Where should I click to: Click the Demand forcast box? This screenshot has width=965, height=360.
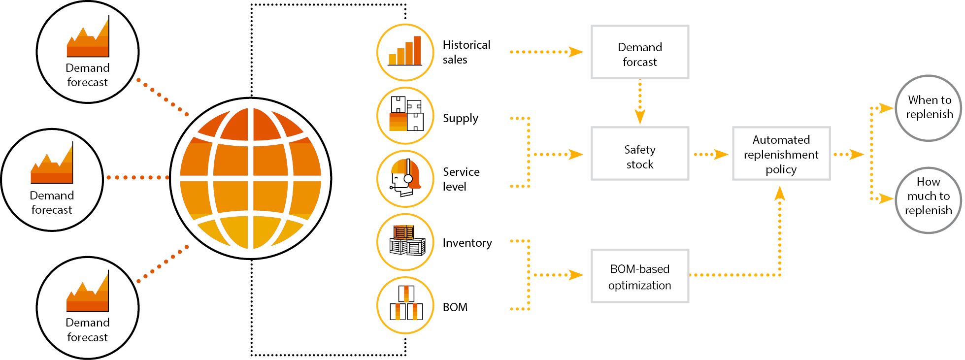click(x=639, y=52)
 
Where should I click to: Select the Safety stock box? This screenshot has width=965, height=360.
click(x=639, y=154)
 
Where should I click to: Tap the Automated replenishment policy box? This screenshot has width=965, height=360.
click(x=781, y=154)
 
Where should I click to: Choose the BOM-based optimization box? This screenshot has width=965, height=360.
click(x=639, y=276)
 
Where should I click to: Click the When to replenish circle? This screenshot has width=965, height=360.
click(x=929, y=108)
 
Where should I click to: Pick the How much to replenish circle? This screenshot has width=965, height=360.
click(x=929, y=200)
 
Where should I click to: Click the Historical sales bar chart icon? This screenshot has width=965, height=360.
click(x=405, y=52)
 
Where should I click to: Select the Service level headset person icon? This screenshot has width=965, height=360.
click(x=405, y=179)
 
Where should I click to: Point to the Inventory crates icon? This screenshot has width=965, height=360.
click(x=405, y=242)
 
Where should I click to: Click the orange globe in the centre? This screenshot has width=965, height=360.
click(x=251, y=178)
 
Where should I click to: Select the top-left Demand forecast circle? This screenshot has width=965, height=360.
click(x=88, y=52)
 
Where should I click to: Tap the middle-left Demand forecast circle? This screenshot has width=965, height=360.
click(x=52, y=180)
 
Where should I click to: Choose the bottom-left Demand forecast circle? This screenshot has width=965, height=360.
click(x=88, y=307)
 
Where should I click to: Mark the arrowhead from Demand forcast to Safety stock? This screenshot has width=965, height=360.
click(x=639, y=117)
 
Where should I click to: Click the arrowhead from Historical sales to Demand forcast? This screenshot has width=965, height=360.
click(x=575, y=52)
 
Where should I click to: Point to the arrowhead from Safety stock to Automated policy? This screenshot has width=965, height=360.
click(x=721, y=154)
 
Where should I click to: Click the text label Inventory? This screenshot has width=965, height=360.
click(x=467, y=243)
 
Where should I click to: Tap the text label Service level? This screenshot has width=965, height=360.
click(x=461, y=179)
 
